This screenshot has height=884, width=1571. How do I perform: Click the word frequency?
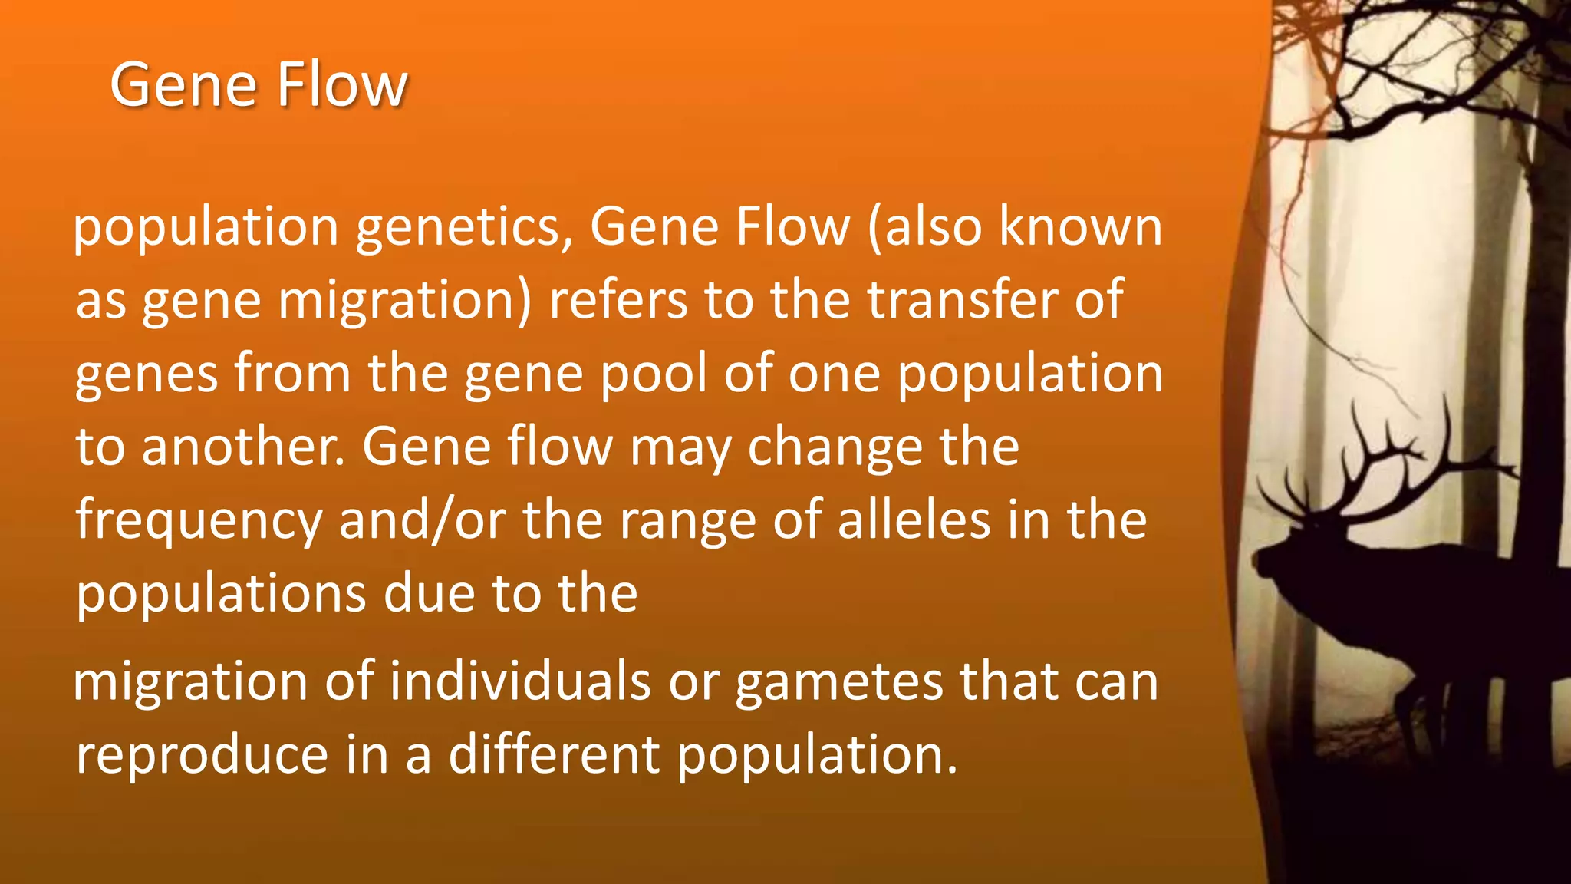(x=199, y=522)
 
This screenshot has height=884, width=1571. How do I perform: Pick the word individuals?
(x=520, y=681)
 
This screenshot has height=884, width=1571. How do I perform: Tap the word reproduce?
(x=203, y=755)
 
